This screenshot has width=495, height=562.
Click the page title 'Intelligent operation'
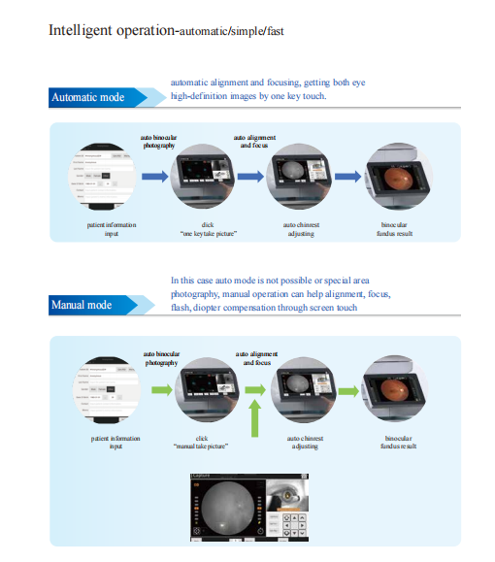pyautogui.click(x=111, y=30)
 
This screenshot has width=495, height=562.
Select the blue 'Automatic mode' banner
pyautogui.click(x=89, y=97)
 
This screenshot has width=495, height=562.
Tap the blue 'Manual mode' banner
pyautogui.click(x=82, y=306)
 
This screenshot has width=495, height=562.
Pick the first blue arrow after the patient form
pyautogui.click(x=154, y=178)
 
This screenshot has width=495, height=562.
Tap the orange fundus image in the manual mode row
pyautogui.click(x=393, y=392)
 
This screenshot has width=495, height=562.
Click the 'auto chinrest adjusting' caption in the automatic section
pyautogui.click(x=303, y=229)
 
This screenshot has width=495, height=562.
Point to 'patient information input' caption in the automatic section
pyautogui.click(x=111, y=229)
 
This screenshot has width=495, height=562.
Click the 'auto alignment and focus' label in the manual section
pyautogui.click(x=255, y=358)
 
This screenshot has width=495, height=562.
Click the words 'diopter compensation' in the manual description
pyautogui.click(x=234, y=309)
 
